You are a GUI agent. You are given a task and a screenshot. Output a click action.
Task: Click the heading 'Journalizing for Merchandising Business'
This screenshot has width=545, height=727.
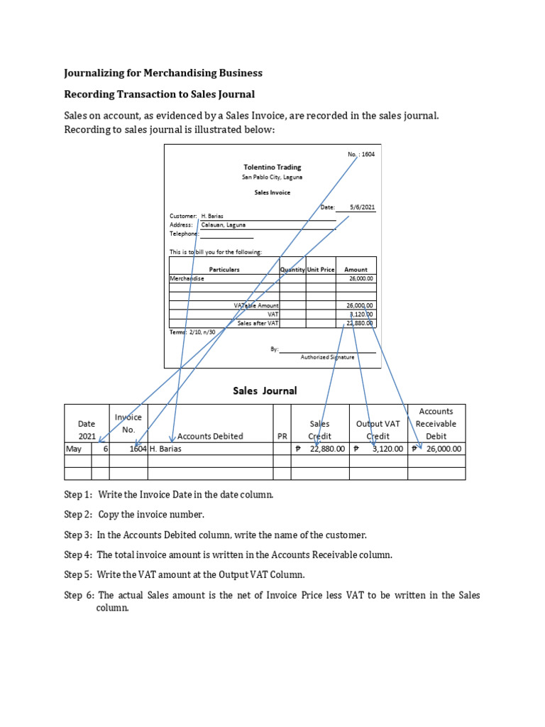pos(163,73)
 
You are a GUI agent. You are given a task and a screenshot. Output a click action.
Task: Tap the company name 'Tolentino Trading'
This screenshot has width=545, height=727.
pos(272,168)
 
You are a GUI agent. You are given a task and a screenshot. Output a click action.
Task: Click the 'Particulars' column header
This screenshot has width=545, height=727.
pos(224,270)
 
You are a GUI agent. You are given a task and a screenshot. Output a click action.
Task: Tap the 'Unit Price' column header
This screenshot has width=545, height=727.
pos(321,270)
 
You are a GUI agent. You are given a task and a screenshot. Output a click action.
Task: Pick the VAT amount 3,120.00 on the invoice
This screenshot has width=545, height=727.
pos(361,314)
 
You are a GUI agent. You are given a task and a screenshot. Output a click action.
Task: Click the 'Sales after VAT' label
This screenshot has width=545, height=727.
pos(258,323)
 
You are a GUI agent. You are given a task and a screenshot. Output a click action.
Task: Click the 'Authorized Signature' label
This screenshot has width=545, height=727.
pos(327,357)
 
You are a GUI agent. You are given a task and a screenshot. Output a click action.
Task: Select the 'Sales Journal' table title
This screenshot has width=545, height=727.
pos(265,390)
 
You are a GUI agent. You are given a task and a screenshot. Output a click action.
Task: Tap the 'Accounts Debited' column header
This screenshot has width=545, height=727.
pos(210,436)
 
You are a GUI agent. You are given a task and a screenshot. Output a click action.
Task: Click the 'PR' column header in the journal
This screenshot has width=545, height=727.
pos(282,436)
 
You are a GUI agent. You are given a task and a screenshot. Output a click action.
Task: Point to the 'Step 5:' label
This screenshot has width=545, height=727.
pos(78,574)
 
